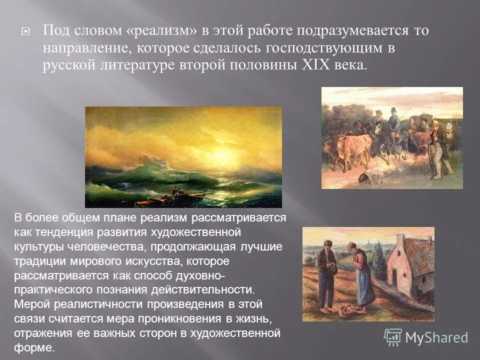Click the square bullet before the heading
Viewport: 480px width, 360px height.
pyautogui.click(x=26, y=31)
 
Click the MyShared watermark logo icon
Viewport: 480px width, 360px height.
pyautogui.click(x=393, y=337)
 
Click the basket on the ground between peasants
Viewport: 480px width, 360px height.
pyautogui.click(x=345, y=310)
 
